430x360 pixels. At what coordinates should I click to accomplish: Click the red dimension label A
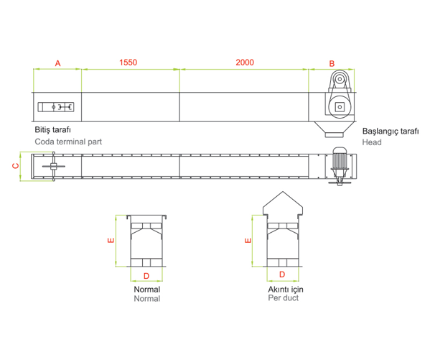pos(57,63)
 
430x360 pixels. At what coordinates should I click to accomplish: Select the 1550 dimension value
pos(128,63)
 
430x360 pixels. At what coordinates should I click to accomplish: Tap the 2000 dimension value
pos(245,63)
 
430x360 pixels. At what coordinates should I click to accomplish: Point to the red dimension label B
pos(332,64)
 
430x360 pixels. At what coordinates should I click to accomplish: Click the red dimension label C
pos(17,166)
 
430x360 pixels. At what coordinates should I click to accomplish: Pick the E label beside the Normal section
pos(111,241)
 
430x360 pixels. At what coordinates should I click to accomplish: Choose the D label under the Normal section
pos(146,276)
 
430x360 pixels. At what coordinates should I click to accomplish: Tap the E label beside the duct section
pos(248,241)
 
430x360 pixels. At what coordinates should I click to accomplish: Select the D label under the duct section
pos(282,274)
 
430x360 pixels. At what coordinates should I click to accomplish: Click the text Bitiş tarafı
pos(52,130)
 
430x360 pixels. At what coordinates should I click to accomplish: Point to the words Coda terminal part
pos(68,142)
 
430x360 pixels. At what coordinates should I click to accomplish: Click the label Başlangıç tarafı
pos(391,131)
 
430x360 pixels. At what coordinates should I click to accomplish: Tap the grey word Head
pos(372,142)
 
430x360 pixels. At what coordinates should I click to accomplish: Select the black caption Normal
pos(147,290)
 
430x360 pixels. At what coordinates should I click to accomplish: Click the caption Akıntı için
pos(286,290)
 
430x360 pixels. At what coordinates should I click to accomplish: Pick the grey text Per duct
pos(284,298)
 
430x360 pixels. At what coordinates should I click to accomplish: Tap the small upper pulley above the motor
pos(340,79)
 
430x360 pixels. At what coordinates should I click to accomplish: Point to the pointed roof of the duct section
pos(283,203)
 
